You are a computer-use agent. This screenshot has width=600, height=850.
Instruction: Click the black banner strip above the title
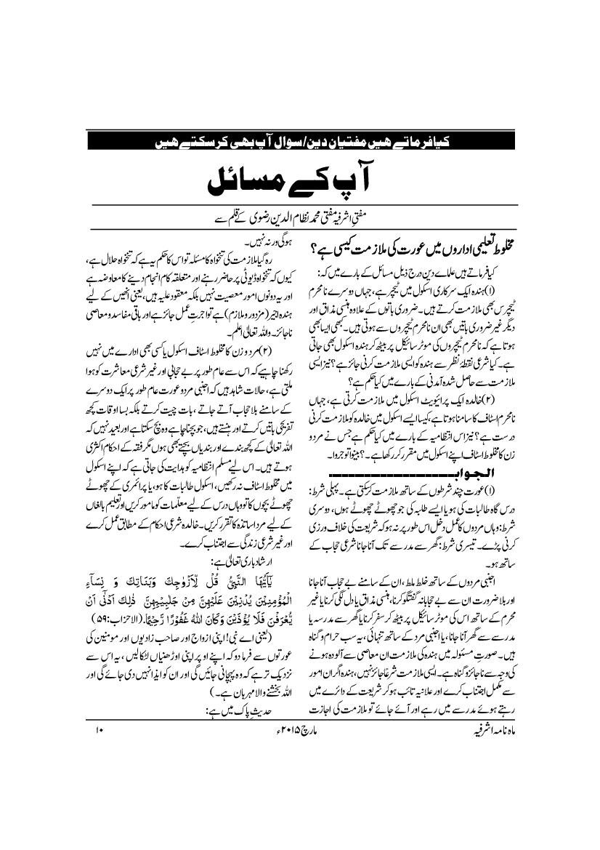pos(299,140)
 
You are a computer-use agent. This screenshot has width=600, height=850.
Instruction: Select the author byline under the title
pos(299,216)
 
